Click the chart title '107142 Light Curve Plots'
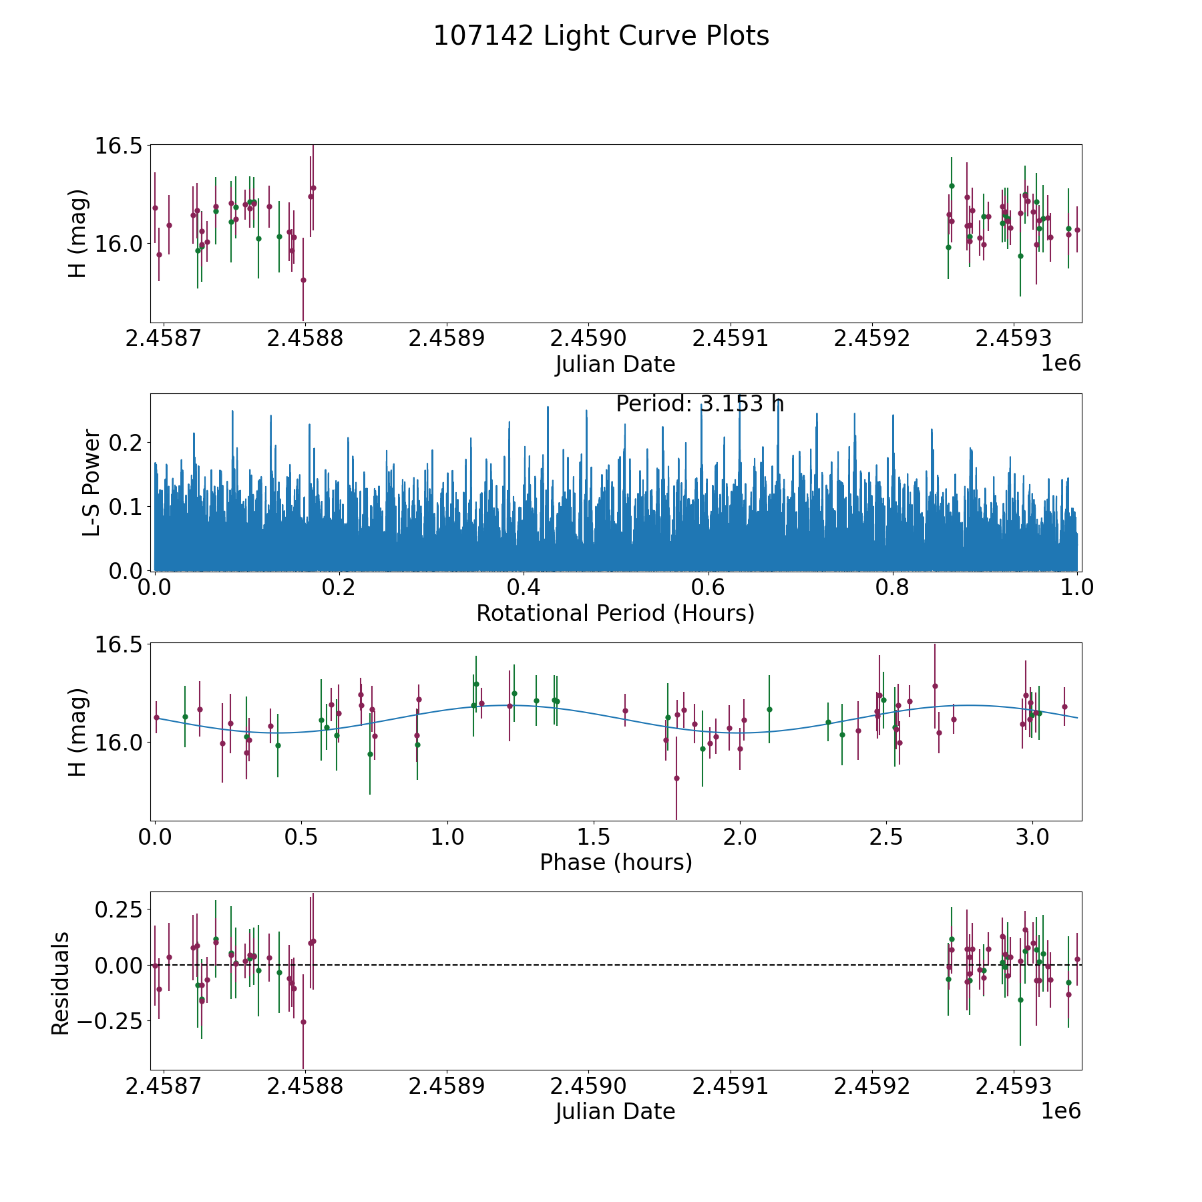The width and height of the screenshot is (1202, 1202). pyautogui.click(x=601, y=36)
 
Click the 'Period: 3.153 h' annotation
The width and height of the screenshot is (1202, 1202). pyautogui.click(x=699, y=404)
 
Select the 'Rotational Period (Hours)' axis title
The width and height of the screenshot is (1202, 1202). pyautogui.click(x=615, y=613)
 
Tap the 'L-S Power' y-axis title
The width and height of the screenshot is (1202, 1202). pyautogui.click(x=91, y=482)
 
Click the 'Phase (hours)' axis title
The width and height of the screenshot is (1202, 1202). pyautogui.click(x=616, y=862)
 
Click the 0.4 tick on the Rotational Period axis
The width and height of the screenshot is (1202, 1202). pyautogui.click(x=524, y=588)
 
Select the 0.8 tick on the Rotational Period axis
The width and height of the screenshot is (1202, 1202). pyautogui.click(x=893, y=588)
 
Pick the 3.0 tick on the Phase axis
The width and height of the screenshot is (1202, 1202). pyautogui.click(x=1032, y=837)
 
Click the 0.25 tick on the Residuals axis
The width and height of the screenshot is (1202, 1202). pyautogui.click(x=118, y=910)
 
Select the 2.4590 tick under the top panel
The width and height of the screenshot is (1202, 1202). pyautogui.click(x=588, y=339)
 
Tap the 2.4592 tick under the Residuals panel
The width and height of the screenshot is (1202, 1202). pyautogui.click(x=872, y=1086)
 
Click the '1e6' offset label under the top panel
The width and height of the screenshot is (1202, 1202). pyautogui.click(x=1060, y=363)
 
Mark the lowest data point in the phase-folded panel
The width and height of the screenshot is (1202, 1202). pyautogui.click(x=676, y=778)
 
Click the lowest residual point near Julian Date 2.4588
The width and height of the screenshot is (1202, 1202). pyautogui.click(x=303, y=1022)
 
